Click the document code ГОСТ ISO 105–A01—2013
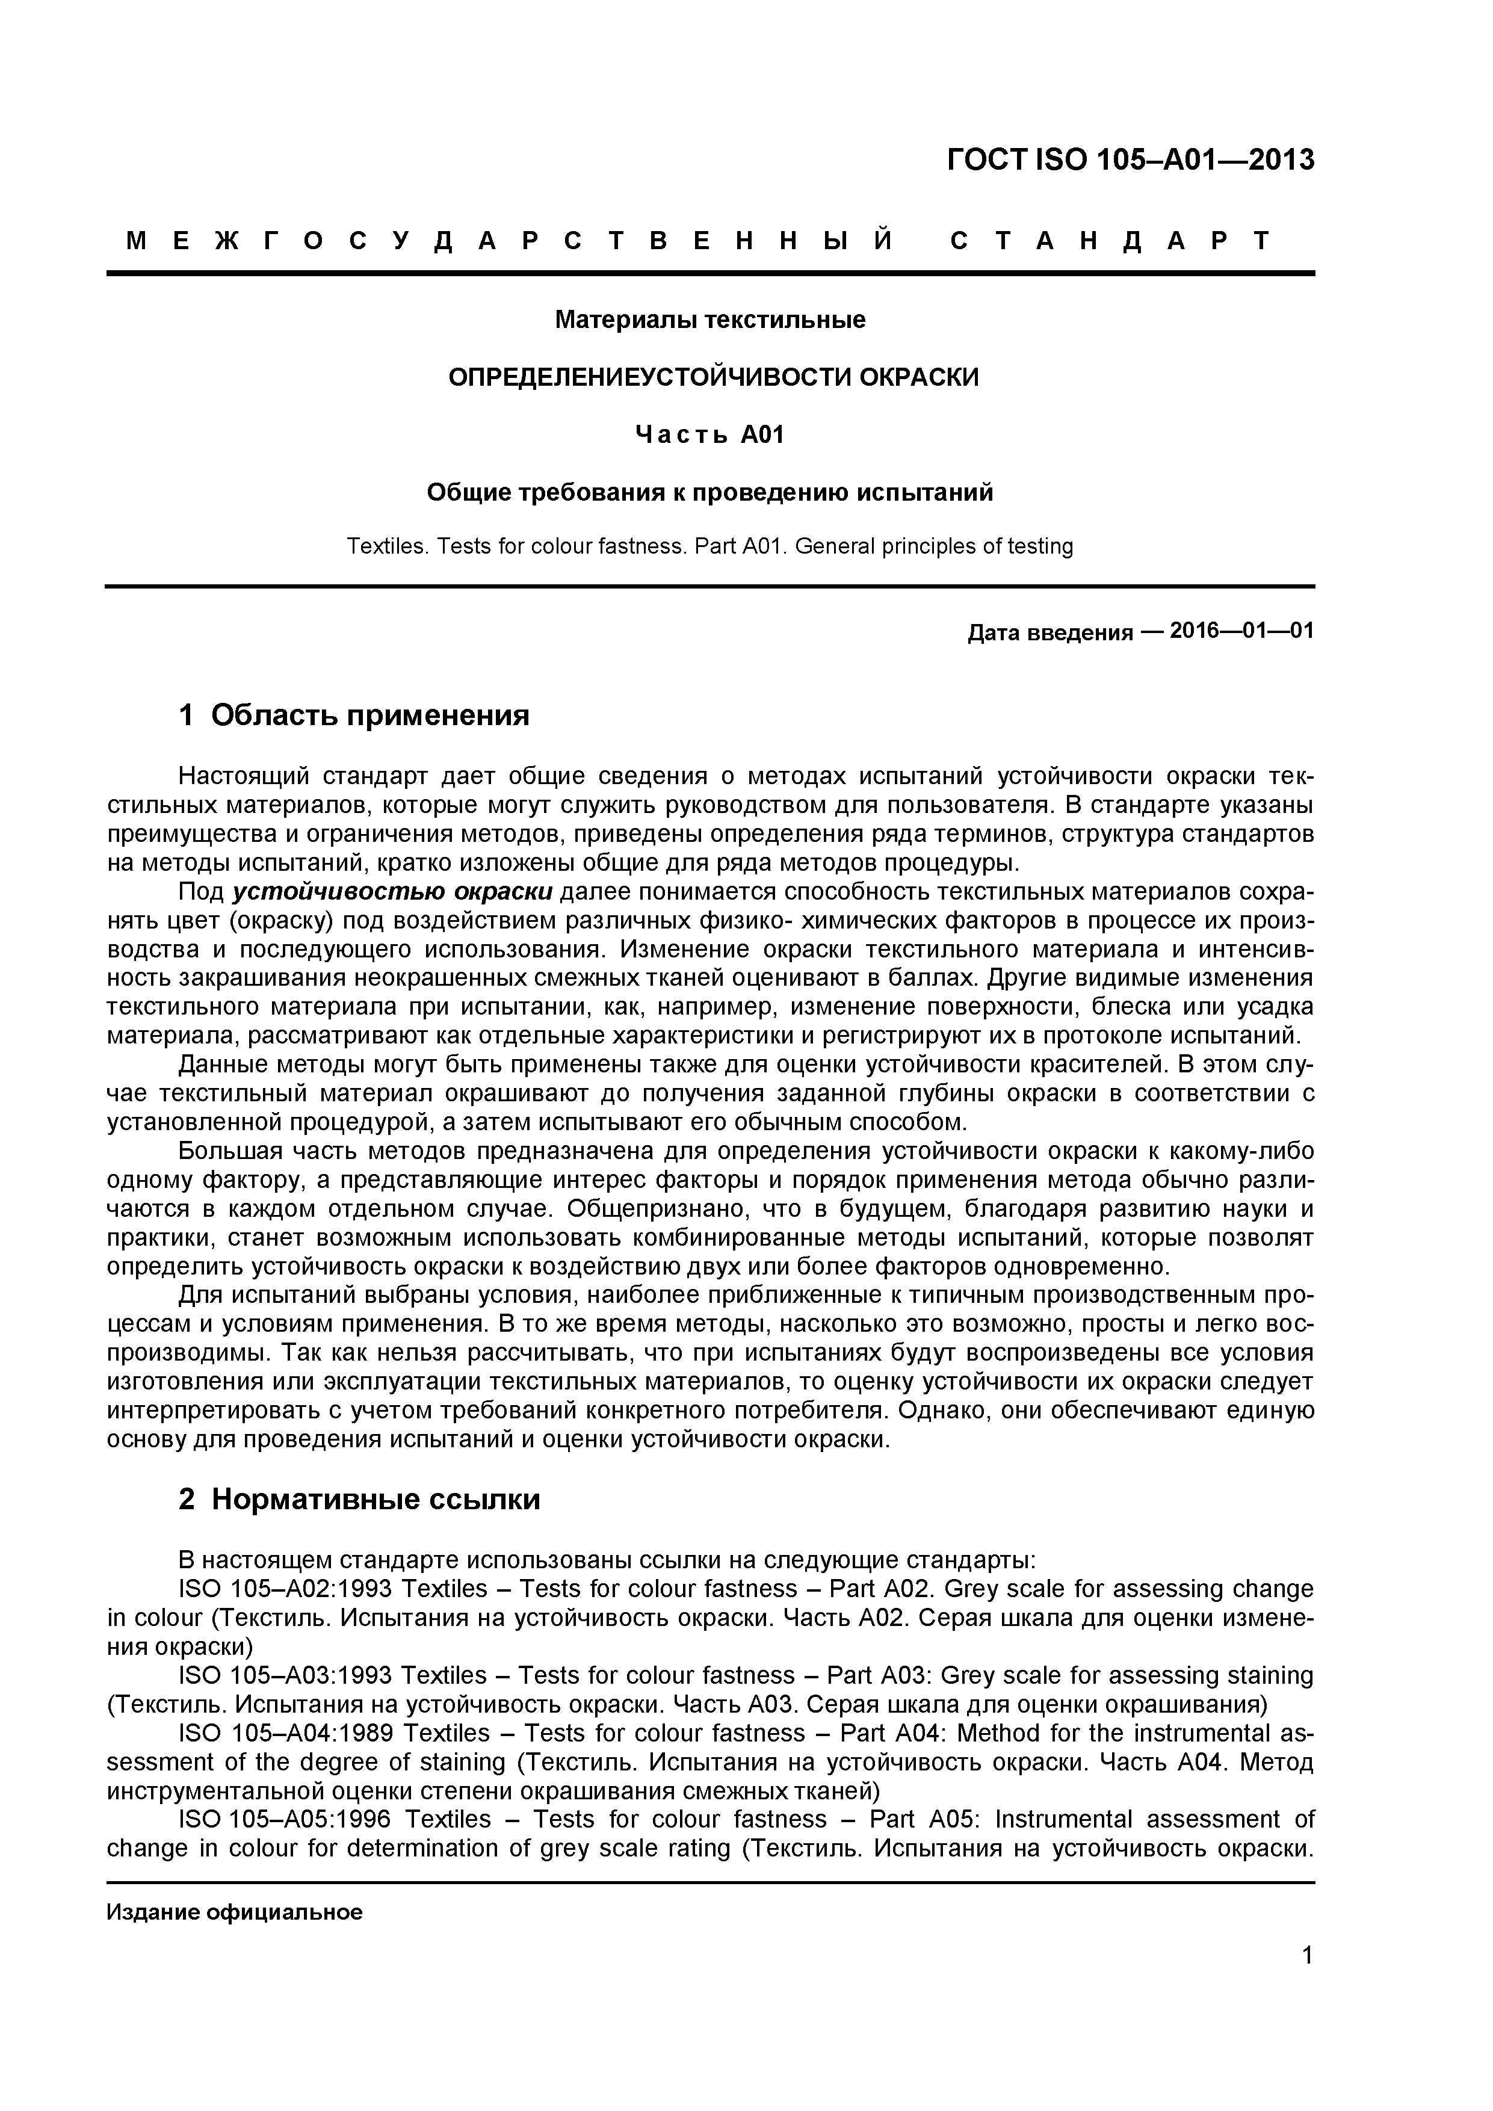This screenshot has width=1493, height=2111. (x=1130, y=160)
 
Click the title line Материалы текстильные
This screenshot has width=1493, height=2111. (x=709, y=320)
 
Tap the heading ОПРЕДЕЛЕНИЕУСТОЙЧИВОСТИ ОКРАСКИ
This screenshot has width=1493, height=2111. (x=714, y=377)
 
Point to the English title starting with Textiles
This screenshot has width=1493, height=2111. (x=709, y=546)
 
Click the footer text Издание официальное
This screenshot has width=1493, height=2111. (x=235, y=1912)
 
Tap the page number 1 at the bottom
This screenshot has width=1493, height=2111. (x=1307, y=1980)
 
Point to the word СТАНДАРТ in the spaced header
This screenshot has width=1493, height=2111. (x=1108, y=241)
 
